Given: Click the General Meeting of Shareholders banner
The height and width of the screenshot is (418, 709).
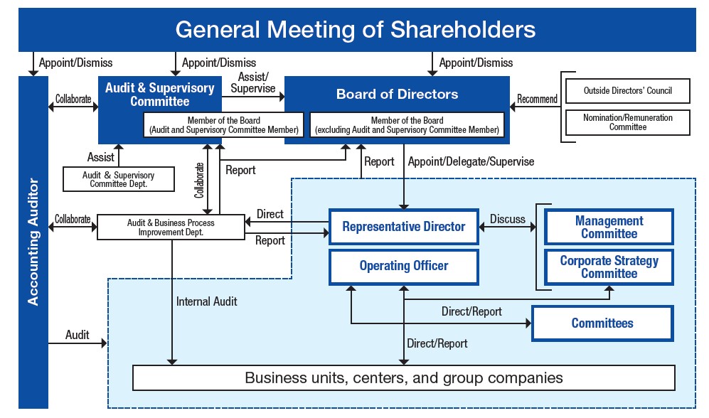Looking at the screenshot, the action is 357,30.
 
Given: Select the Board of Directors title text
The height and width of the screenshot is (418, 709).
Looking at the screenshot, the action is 397,94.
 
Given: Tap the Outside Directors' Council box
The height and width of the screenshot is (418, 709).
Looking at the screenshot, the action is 628,91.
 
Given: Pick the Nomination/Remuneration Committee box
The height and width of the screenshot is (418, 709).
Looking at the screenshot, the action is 628,122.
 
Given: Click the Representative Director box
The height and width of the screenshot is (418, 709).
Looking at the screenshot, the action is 404,226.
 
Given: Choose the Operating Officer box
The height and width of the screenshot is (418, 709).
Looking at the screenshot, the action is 404,266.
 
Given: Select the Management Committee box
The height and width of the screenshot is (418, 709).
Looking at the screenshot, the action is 609,227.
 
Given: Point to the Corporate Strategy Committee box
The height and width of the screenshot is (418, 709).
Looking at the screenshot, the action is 609,267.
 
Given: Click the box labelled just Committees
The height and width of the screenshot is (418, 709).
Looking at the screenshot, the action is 602,323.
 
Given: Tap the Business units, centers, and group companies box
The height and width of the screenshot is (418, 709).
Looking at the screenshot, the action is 404,377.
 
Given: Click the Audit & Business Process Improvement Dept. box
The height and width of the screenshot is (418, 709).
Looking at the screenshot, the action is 171,227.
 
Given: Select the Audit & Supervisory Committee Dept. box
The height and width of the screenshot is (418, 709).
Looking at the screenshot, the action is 119,179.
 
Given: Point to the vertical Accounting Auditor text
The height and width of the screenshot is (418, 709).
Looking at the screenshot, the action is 33,242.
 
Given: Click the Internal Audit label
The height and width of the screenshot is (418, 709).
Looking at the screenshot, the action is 207,301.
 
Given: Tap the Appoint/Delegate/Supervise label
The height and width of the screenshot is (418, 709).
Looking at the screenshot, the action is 471,162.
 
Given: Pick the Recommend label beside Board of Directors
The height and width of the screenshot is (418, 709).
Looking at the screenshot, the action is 537,99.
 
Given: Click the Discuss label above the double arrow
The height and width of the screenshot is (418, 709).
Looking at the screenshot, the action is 508,219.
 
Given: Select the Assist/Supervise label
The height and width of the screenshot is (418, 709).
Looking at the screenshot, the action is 253,82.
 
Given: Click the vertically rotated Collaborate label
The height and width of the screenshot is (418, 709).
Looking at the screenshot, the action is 199,181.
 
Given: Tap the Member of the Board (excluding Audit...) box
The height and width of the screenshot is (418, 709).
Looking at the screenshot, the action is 407,125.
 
